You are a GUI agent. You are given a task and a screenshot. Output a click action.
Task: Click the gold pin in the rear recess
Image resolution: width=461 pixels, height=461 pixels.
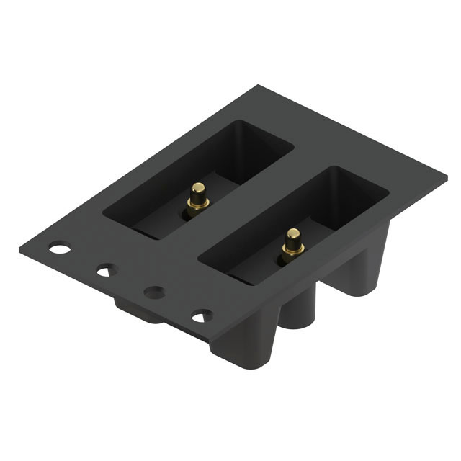(197, 197)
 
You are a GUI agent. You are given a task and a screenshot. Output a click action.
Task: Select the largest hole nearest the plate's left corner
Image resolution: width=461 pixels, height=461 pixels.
(60, 249)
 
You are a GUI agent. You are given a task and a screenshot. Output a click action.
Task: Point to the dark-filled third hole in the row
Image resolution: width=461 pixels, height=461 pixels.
(153, 292)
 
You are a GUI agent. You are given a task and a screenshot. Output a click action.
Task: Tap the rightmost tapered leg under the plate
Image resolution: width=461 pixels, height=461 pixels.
(360, 270)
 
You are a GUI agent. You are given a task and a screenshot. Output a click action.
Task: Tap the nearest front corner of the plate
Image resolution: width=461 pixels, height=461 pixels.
(210, 341)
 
